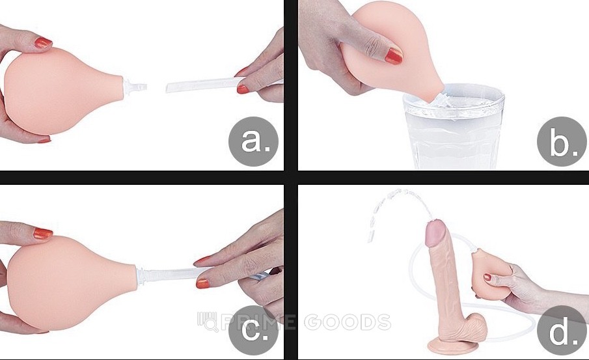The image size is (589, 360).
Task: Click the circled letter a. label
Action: tap(254, 142)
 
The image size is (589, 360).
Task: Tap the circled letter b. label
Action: tap(562, 142)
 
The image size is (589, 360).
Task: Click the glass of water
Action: tap(453, 128)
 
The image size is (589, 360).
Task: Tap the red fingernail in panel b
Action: tap(394, 56)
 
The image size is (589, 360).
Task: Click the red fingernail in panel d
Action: tap(487, 278)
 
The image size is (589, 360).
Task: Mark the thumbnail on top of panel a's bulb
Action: tap(43, 42)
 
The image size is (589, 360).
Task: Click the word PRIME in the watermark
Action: tap(258, 322)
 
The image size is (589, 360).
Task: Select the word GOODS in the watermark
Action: tap(348, 322)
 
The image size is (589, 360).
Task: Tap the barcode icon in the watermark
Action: tap(208, 322)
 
